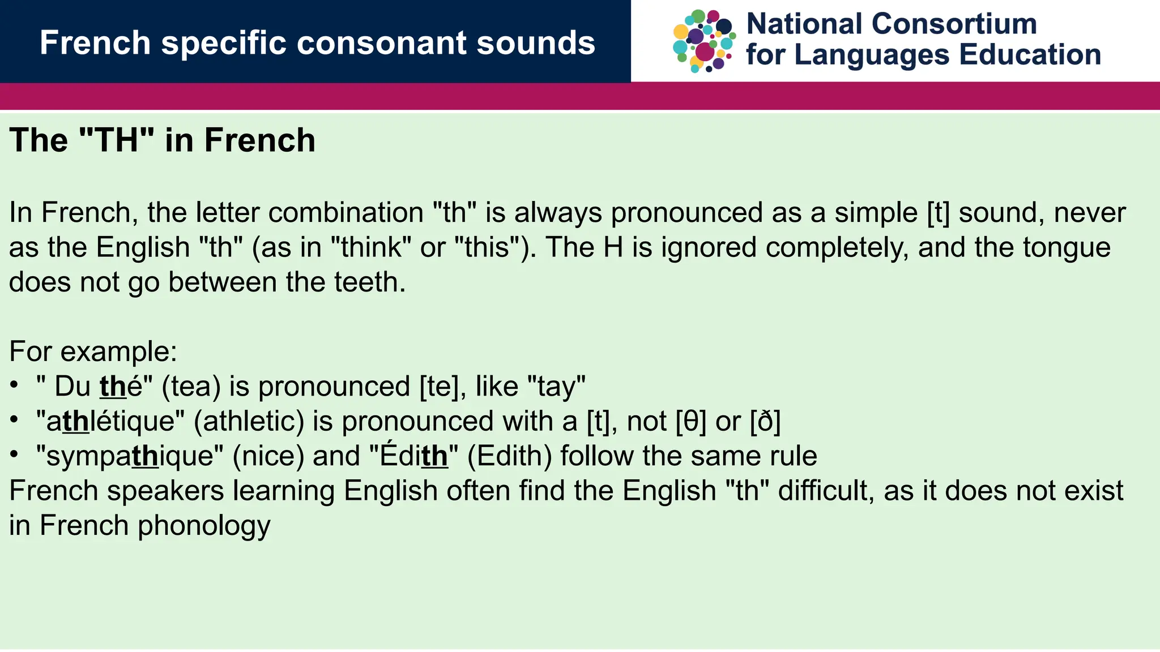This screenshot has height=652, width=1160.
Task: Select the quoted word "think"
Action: (371, 248)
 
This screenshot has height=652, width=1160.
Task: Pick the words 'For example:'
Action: (93, 351)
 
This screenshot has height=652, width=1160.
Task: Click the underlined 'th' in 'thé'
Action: (113, 387)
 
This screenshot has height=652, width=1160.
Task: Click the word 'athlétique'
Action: (110, 422)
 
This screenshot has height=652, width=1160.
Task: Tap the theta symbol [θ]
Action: (691, 422)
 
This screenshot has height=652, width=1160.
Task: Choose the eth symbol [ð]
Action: (765, 422)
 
